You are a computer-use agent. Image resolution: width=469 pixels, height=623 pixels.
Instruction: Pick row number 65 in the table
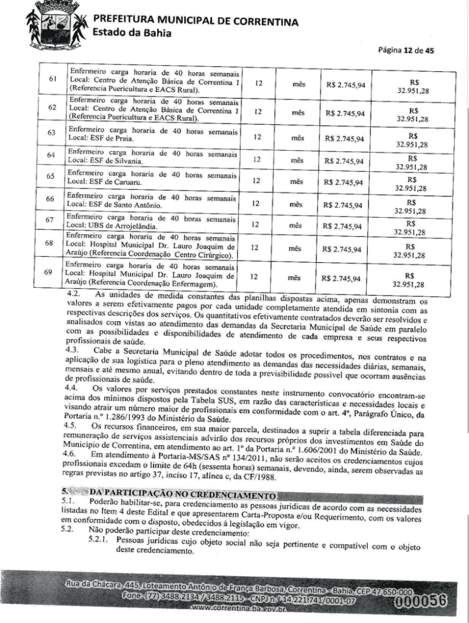tap(52, 177)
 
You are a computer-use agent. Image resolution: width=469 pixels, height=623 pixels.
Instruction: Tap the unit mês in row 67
tap(296, 225)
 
